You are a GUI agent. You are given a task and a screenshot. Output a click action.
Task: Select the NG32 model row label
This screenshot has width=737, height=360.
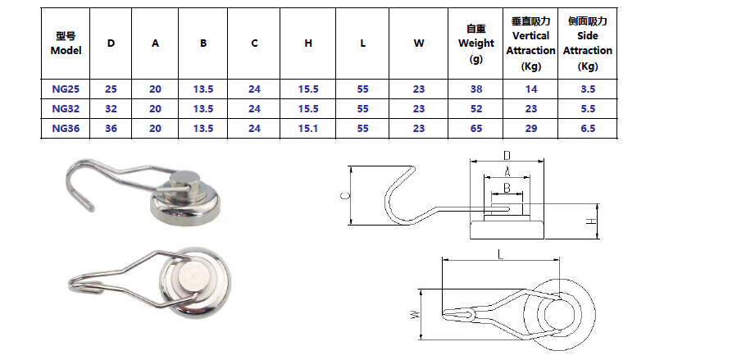point(66,107)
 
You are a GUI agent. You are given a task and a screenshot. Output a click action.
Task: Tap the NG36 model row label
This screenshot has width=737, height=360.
point(66,128)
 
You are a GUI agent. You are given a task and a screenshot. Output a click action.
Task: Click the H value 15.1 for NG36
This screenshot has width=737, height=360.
point(308,128)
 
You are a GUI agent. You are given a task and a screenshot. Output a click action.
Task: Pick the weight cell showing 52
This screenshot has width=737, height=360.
point(476,107)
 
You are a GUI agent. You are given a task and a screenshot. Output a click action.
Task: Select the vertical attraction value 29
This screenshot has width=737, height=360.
point(530,128)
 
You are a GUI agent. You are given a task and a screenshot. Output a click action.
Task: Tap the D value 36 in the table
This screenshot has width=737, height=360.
point(111,128)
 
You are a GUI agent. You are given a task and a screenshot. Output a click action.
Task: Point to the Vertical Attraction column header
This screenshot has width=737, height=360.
point(530,43)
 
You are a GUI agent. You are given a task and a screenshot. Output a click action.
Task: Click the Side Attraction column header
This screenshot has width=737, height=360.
point(587,43)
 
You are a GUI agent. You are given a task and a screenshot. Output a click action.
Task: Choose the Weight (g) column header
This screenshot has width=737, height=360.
point(476,43)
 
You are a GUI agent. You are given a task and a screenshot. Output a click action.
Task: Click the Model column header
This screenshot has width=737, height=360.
point(66,43)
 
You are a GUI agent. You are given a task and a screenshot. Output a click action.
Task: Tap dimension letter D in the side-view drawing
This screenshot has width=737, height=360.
point(507,155)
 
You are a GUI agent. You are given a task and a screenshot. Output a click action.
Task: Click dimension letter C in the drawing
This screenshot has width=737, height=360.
point(344,195)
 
